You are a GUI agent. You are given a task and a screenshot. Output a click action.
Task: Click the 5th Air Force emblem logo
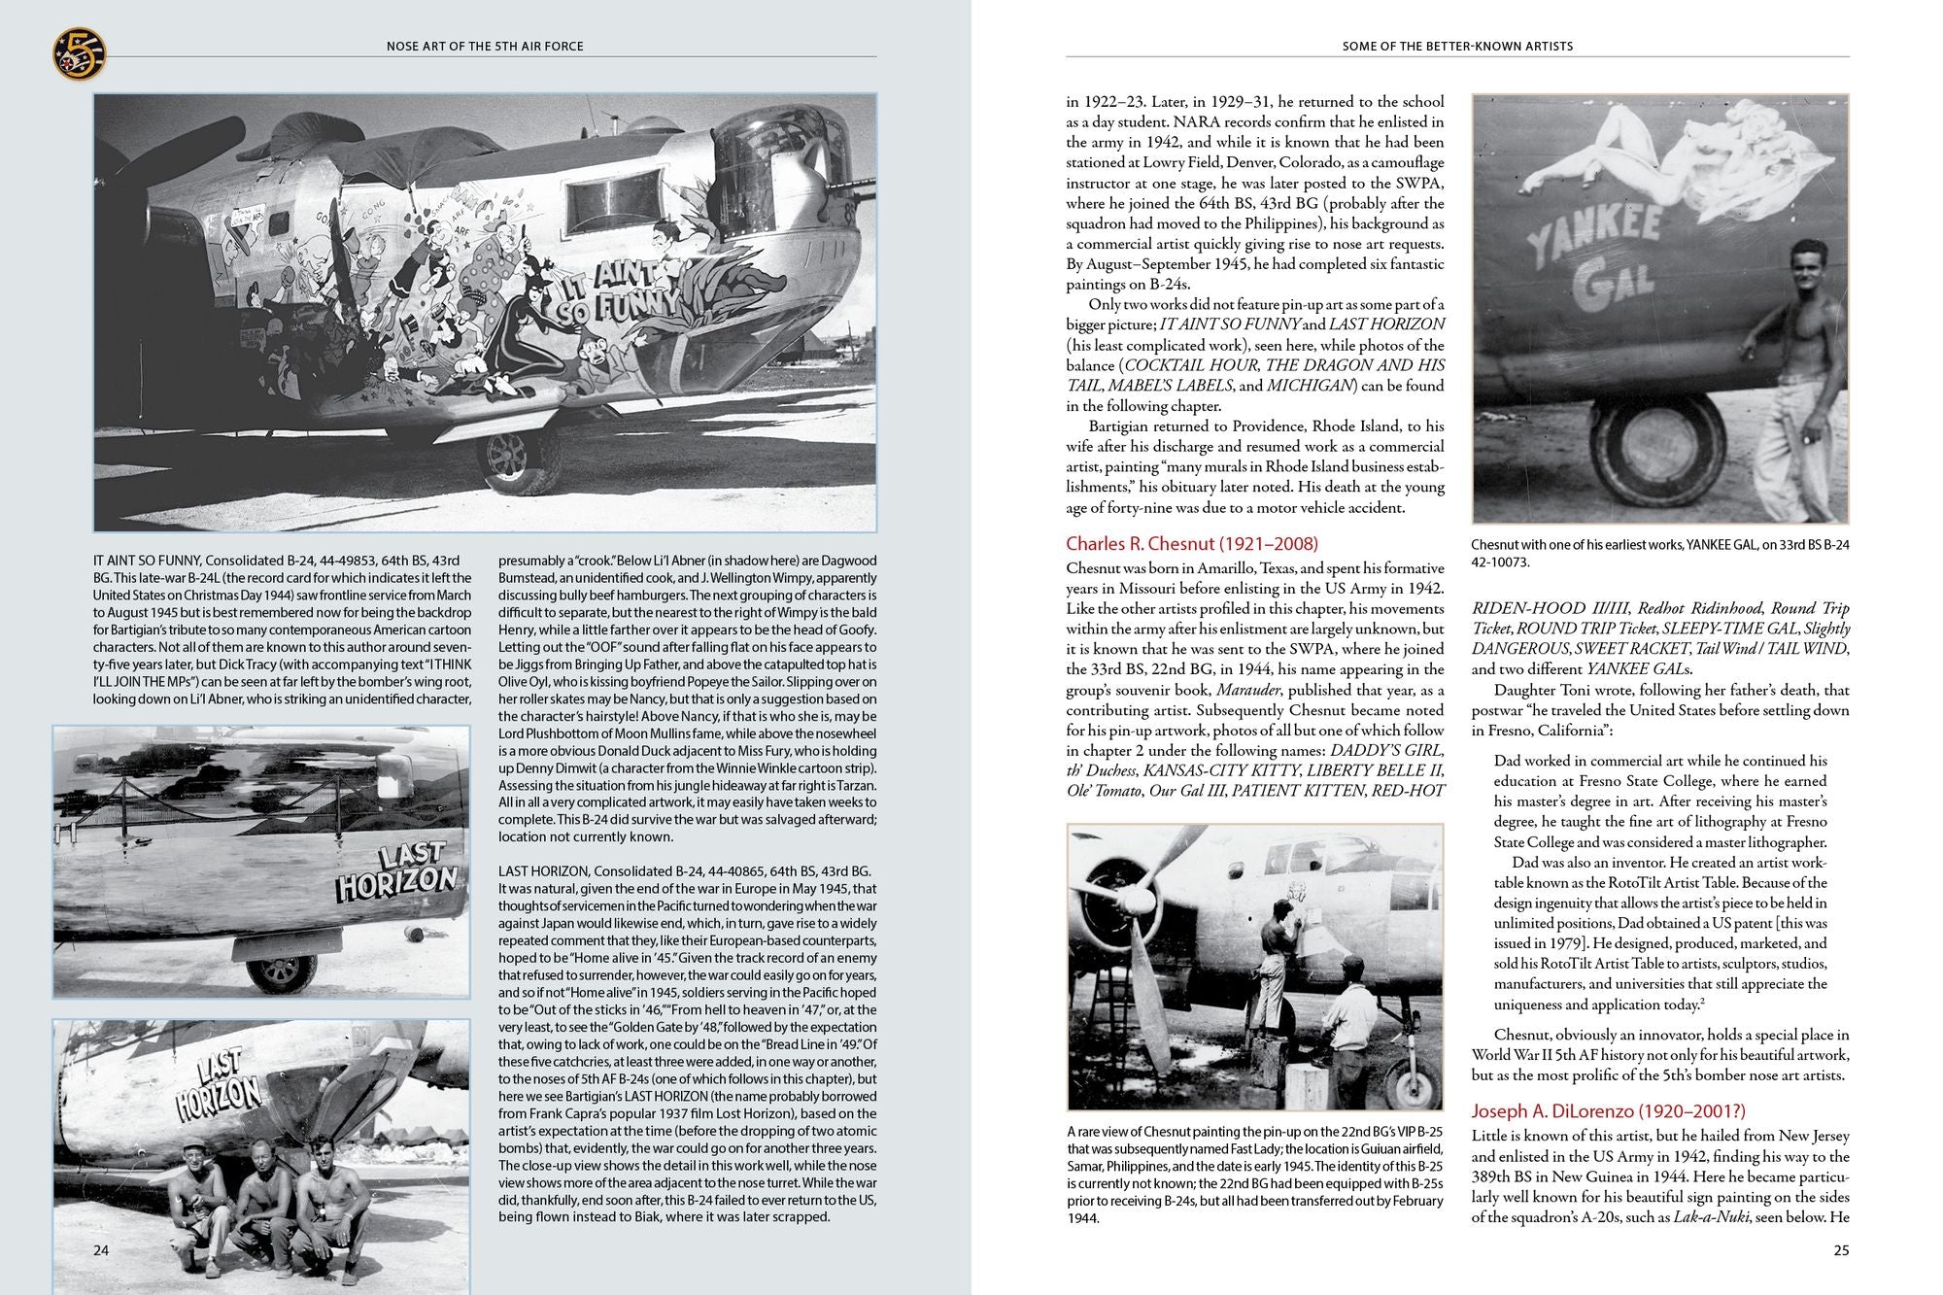tap(79, 53)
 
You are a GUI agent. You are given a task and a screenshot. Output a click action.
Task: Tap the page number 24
tap(101, 1249)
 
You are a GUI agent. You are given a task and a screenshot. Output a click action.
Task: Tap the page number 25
tap(1841, 1250)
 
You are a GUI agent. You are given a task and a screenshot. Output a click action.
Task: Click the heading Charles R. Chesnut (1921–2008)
tap(1191, 544)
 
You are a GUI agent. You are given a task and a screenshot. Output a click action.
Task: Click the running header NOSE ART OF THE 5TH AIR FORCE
tap(485, 46)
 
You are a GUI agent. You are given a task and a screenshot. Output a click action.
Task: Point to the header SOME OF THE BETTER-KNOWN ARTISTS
tap(1457, 46)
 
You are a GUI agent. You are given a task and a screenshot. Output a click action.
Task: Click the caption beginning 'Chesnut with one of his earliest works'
tap(1659, 553)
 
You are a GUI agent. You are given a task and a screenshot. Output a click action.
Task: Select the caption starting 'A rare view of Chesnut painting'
tap(1254, 1174)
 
